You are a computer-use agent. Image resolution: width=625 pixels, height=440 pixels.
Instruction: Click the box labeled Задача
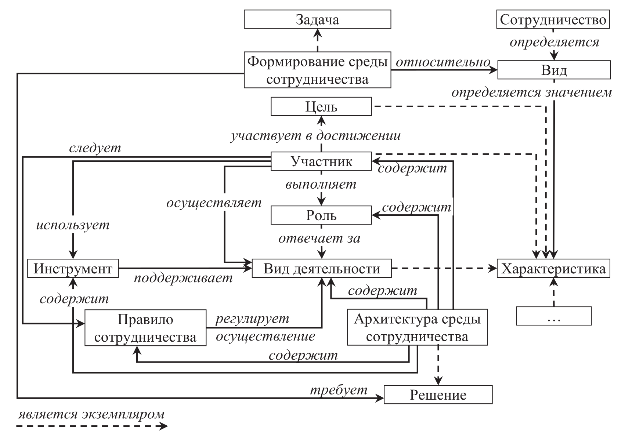(317, 19)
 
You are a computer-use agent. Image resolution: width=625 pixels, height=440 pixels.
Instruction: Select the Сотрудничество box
(553, 19)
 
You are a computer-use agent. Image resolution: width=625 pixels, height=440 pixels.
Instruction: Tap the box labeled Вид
(554, 70)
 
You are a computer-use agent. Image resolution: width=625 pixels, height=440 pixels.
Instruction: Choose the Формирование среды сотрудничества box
(317, 70)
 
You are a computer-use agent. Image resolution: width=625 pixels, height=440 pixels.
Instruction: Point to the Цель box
(321, 106)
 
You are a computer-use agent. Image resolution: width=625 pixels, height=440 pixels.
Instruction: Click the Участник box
(321, 161)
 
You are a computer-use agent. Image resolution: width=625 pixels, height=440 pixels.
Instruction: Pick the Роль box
(321, 215)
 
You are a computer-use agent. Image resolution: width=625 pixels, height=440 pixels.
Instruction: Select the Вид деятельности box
(322, 269)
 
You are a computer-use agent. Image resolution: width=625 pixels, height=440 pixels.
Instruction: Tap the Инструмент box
(73, 269)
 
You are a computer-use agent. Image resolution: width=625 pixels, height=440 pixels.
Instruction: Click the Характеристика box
(553, 269)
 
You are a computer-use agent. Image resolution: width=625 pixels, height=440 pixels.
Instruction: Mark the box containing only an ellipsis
(553, 316)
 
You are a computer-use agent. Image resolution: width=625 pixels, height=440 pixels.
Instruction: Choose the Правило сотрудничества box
(145, 328)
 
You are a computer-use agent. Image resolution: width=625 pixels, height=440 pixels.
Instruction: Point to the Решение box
(438, 395)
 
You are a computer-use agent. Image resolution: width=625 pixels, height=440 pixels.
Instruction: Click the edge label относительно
(443, 62)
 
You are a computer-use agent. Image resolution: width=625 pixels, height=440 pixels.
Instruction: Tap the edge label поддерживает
(183, 278)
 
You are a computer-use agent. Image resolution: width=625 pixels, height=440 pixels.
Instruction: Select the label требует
(339, 389)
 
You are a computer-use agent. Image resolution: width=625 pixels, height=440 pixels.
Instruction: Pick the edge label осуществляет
(214, 203)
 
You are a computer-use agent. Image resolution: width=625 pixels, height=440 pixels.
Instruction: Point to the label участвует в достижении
(315, 136)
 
